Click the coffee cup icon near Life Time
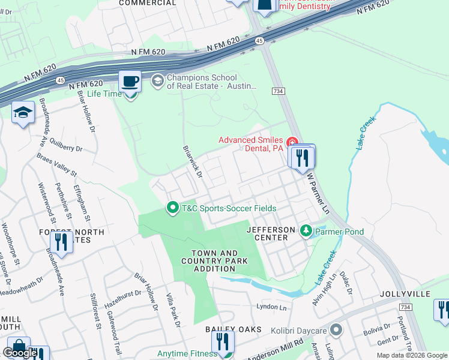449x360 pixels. [130, 80]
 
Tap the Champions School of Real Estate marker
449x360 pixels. [157, 80]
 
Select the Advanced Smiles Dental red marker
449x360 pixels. [292, 142]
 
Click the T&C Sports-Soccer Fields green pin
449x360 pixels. [173, 208]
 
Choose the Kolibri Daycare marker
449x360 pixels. [336, 329]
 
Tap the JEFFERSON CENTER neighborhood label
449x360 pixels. [272, 233]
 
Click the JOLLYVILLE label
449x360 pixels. [405, 294]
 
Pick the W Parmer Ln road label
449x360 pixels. [319, 194]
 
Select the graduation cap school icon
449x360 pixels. [23, 113]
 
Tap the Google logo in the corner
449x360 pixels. [21, 353]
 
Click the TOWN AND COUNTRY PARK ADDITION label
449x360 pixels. [215, 262]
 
